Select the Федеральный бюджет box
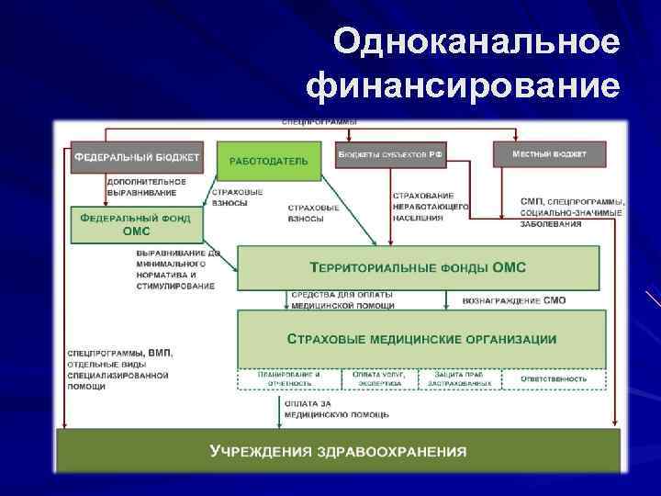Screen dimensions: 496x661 tap(136, 157)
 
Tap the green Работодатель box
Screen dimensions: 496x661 tap(268, 161)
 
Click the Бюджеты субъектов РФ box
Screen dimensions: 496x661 tap(391, 155)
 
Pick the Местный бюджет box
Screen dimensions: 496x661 tap(549, 153)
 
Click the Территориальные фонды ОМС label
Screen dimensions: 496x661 tap(418, 267)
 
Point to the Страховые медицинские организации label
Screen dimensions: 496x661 tap(421, 339)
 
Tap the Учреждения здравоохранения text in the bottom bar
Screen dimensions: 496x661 tap(338, 452)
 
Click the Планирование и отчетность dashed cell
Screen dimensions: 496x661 tap(289, 379)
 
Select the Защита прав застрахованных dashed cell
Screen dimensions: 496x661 tap(460, 379)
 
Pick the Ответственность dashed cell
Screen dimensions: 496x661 tap(554, 378)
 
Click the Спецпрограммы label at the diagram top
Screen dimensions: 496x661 tap(319, 122)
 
